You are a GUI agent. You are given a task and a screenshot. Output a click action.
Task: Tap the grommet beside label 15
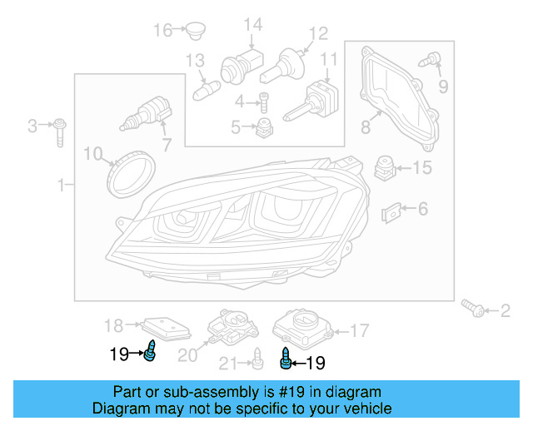(x=384, y=167)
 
